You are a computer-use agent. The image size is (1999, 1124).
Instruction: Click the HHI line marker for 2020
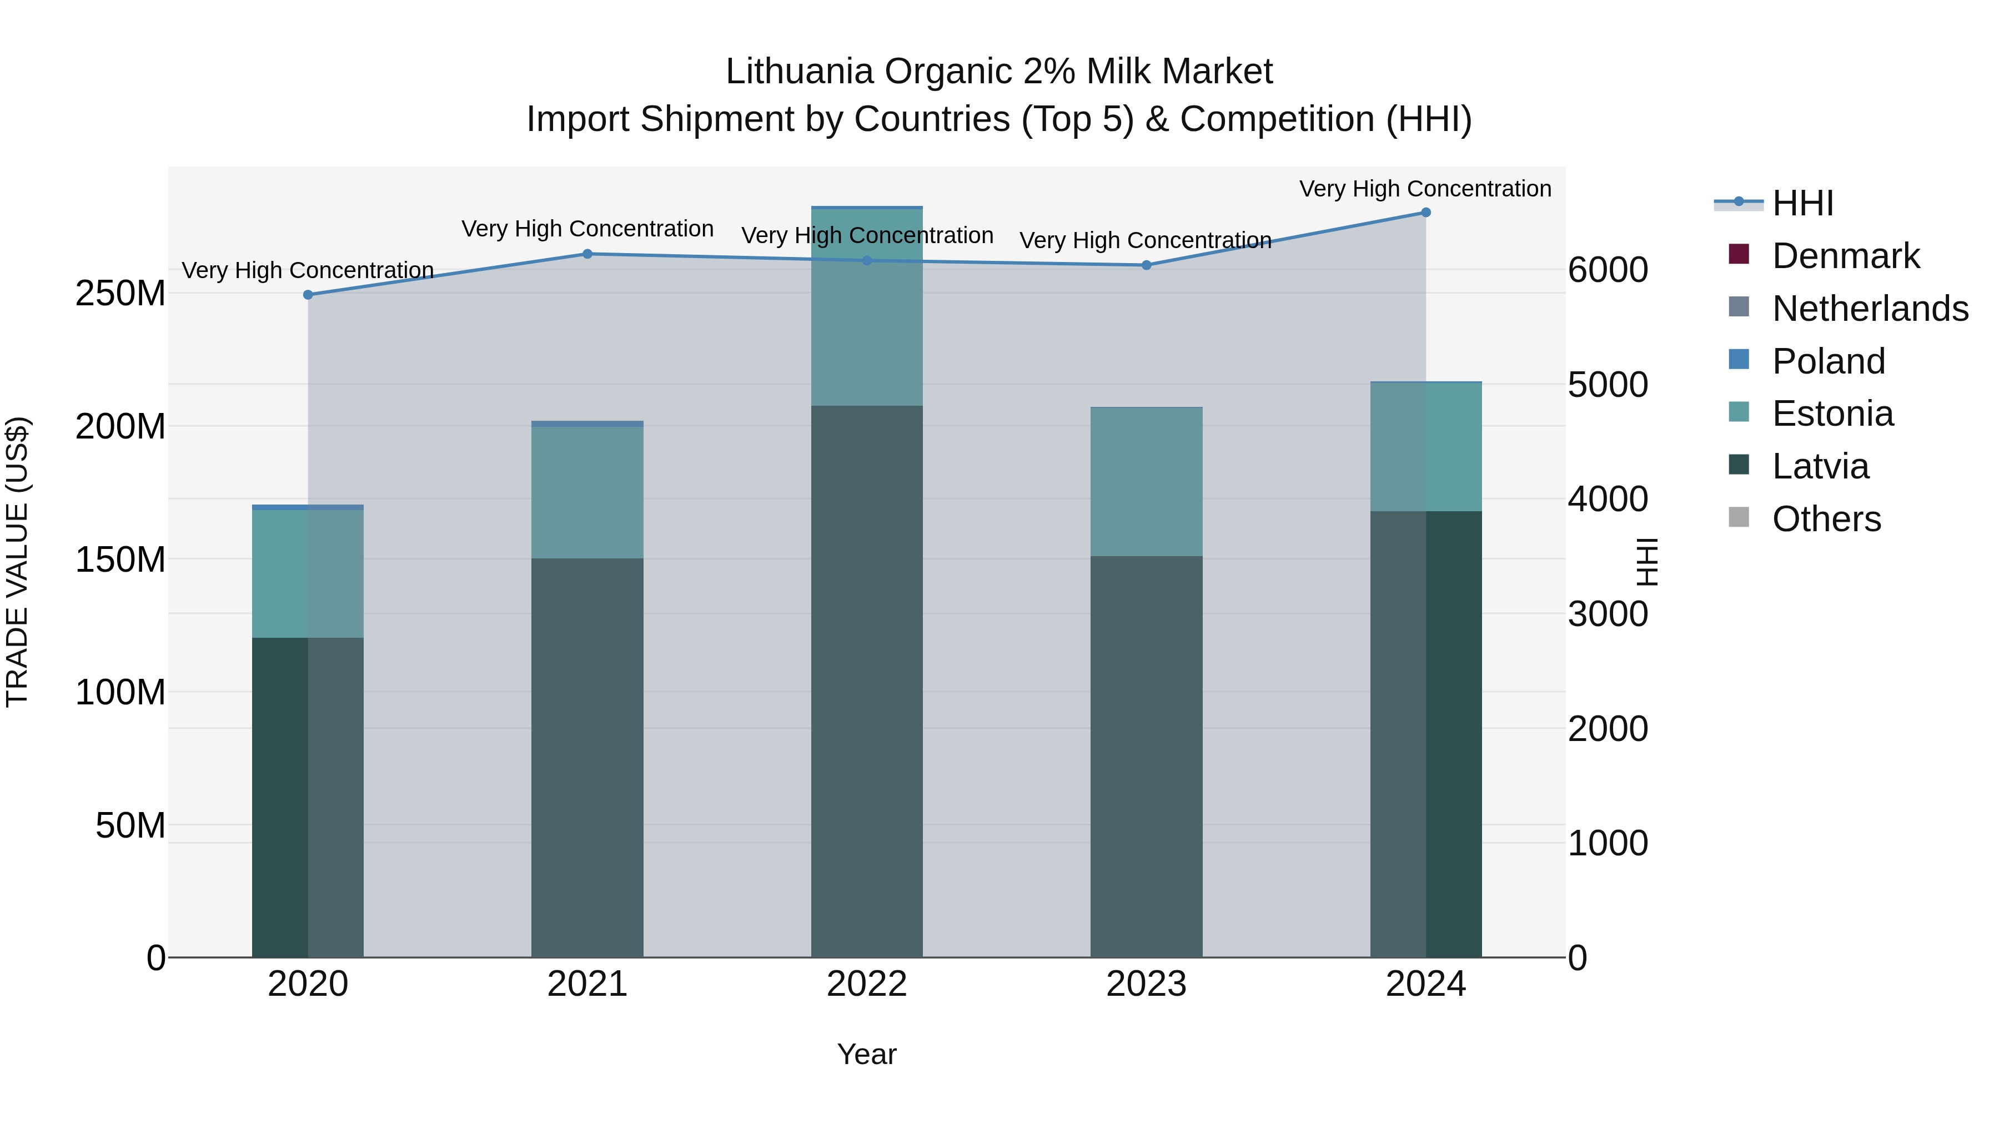[308, 295]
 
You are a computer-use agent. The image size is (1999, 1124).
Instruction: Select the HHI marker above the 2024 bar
[1425, 213]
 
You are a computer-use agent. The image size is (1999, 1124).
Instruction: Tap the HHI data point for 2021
[587, 254]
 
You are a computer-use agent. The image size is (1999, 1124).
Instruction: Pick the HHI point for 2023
[1146, 265]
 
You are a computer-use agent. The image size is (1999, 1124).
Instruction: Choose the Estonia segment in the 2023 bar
[1146, 481]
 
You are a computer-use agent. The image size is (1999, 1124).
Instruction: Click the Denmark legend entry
[1845, 256]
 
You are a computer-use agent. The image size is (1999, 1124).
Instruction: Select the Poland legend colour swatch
[1739, 360]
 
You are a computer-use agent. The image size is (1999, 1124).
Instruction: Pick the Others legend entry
[1826, 519]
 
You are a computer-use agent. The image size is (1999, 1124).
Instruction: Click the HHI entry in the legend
[1802, 203]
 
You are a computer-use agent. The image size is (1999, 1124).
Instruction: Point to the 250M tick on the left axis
[120, 293]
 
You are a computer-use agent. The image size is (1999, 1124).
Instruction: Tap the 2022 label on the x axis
[867, 984]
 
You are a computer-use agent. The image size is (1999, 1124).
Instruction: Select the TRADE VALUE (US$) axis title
[17, 562]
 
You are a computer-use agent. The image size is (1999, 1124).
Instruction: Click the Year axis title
[867, 1054]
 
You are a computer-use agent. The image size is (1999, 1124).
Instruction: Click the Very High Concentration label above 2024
[1425, 189]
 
